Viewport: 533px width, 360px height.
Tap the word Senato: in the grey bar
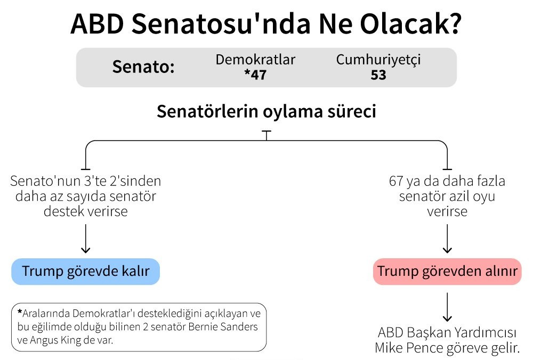click(143, 68)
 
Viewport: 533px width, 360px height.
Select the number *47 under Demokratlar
click(255, 75)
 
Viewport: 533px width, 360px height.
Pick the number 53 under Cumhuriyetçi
click(378, 75)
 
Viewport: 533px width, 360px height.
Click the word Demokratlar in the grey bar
click(255, 60)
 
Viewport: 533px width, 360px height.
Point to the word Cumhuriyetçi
click(378, 60)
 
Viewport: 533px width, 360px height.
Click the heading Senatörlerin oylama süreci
click(266, 112)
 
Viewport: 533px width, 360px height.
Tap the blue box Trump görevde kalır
click(86, 272)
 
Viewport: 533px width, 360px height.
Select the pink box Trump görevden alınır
click(447, 272)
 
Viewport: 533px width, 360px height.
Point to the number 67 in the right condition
click(397, 181)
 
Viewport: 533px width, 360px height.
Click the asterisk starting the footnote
click(20, 312)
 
